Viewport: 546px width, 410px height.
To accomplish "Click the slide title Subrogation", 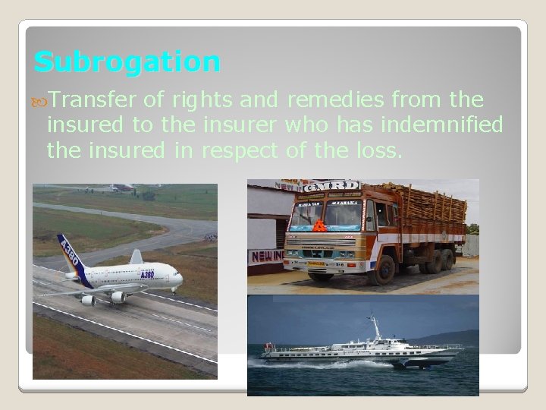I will pos(127,61).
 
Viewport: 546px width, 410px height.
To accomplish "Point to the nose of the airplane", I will pos(180,280).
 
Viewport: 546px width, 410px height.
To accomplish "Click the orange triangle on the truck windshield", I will pos(320,225).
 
